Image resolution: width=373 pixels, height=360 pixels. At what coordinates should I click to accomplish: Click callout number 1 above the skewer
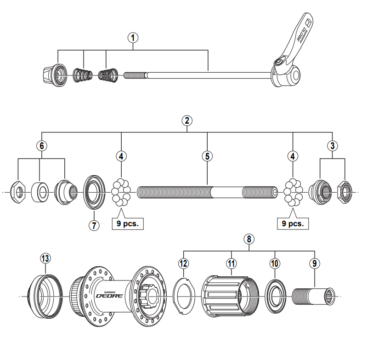coord(133,38)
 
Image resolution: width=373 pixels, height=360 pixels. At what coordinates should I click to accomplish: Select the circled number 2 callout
coord(186,120)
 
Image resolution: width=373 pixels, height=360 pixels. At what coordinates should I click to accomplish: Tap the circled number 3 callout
coord(333,145)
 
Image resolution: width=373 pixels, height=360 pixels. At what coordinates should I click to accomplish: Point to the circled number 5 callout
coord(207,156)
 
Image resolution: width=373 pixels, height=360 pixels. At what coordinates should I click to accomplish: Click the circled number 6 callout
coord(41,145)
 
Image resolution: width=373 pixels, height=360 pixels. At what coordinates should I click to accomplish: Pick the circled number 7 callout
coord(94,226)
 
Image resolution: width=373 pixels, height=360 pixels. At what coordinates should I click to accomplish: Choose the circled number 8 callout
coord(249,239)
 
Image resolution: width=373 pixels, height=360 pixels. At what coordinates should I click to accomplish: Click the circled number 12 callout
coord(184,263)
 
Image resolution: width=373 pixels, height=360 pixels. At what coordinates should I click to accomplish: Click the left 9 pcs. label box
coord(127,224)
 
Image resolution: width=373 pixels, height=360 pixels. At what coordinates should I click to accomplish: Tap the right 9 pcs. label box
coord(292,224)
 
